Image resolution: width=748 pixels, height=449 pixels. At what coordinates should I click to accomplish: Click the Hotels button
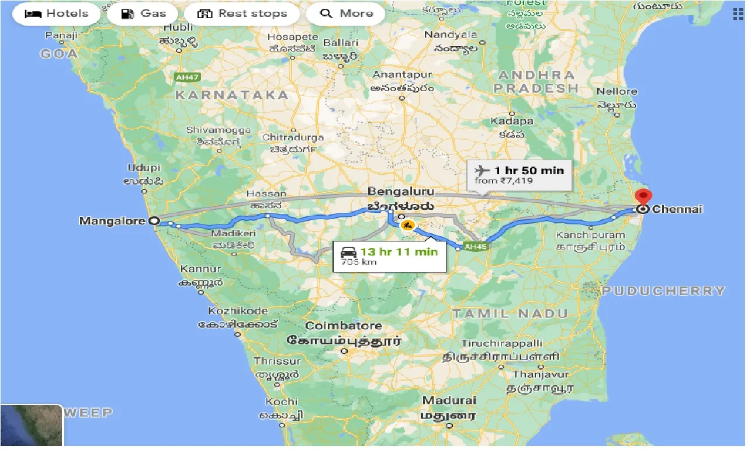click(x=56, y=13)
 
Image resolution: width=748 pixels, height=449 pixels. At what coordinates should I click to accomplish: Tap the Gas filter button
click(x=143, y=13)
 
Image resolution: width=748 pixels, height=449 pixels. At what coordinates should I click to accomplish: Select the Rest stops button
click(x=242, y=13)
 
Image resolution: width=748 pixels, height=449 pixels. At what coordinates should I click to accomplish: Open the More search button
click(x=345, y=13)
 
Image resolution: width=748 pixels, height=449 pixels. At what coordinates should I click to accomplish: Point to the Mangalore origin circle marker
click(x=154, y=221)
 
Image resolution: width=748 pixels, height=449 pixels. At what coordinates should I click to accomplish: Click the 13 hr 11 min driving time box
click(x=387, y=255)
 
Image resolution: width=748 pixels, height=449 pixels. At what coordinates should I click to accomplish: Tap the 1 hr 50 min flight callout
click(x=520, y=175)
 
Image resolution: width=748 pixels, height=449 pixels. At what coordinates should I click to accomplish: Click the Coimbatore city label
click(x=344, y=326)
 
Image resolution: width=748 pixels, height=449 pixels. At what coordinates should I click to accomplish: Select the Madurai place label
click(x=449, y=401)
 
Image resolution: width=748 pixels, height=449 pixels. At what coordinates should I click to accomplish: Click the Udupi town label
click(x=144, y=168)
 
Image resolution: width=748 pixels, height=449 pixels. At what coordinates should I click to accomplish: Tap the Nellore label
click(x=617, y=92)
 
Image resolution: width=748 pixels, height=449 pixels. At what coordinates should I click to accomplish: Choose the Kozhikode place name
click(x=238, y=311)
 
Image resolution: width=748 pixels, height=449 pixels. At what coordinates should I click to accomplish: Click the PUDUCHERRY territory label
click(x=664, y=291)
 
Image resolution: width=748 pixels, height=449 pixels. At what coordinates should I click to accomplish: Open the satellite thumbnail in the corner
click(x=32, y=426)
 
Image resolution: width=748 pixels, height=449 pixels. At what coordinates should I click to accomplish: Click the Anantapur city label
click(x=402, y=75)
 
